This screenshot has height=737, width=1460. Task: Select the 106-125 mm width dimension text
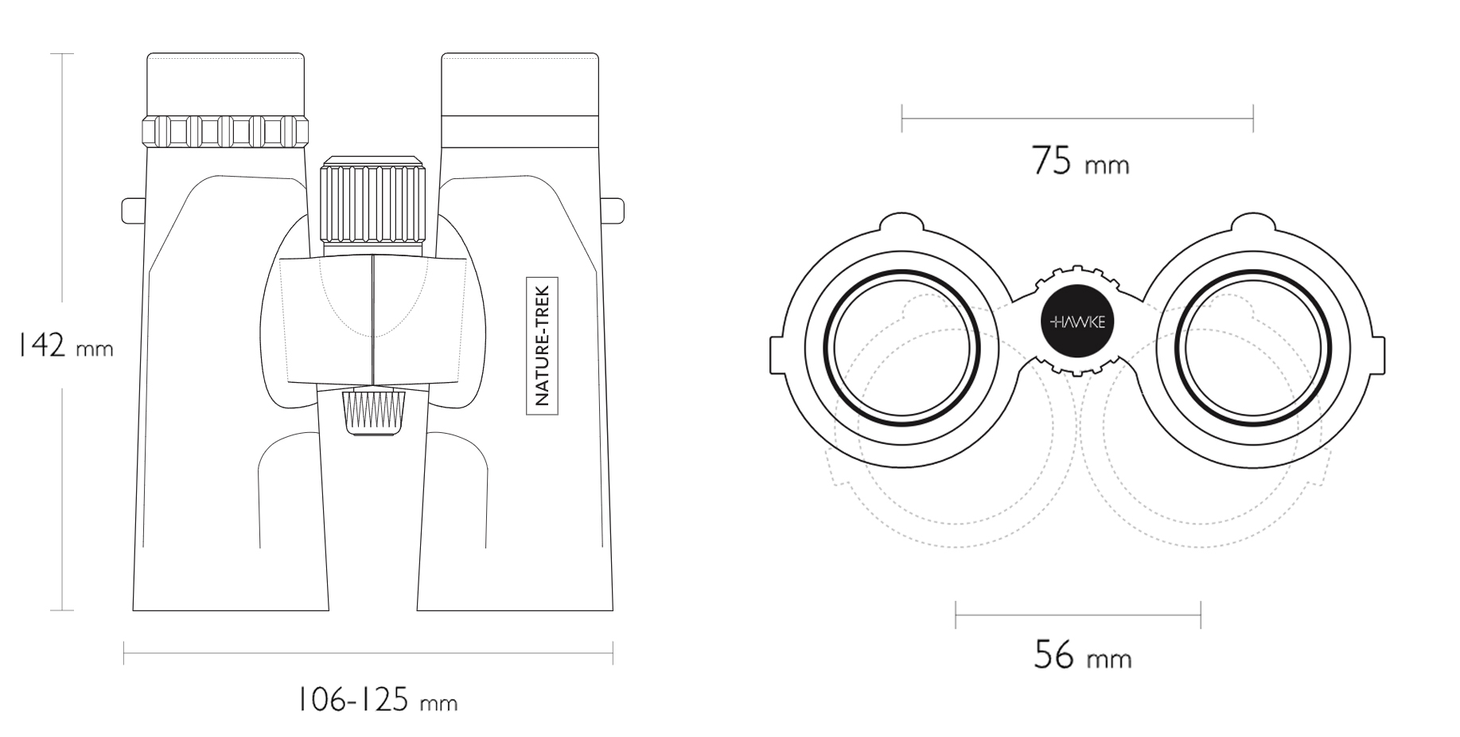click(x=377, y=700)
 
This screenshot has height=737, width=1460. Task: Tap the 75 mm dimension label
click(x=1080, y=161)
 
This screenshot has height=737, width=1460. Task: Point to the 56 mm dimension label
click(x=1082, y=655)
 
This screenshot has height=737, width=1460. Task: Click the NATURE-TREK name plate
click(x=543, y=345)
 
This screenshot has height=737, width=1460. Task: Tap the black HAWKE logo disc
click(x=1077, y=322)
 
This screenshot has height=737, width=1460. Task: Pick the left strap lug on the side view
click(x=132, y=210)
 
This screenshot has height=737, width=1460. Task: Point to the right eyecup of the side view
click(x=520, y=101)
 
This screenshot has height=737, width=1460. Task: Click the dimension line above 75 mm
click(x=1077, y=119)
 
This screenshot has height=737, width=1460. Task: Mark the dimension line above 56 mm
click(x=1078, y=614)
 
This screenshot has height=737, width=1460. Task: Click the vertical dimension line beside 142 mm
click(x=62, y=332)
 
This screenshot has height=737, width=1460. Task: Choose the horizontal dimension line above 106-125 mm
click(x=368, y=654)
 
